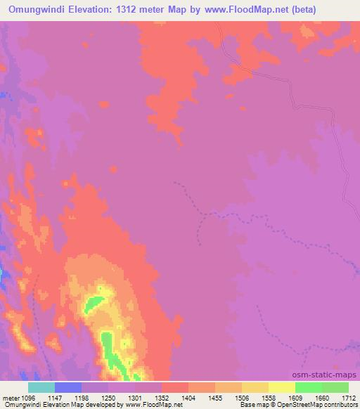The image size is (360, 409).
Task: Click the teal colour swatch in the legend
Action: [41, 387]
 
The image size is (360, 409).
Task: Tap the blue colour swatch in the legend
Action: [68, 387]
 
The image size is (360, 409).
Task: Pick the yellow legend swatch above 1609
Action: [282, 387]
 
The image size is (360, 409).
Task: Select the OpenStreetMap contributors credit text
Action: [321, 405]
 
